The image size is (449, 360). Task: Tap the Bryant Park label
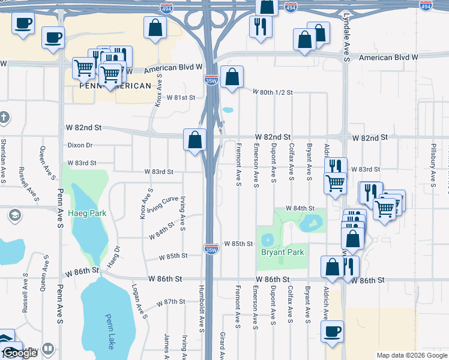pyautogui.click(x=282, y=252)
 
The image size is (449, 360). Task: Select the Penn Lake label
pyautogui.click(x=108, y=331)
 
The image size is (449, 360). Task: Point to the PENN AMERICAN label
pyautogui.click(x=115, y=86)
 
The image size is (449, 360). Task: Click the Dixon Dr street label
pyautogui.click(x=80, y=145)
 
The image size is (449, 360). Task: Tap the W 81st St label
pyautogui.click(x=181, y=97)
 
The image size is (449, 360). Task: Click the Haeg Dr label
pyautogui.click(x=113, y=256)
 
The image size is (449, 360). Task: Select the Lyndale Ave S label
pyautogui.click(x=347, y=45)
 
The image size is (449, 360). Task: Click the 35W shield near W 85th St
pyautogui.click(x=211, y=248)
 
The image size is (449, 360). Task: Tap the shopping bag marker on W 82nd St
pyautogui.click(x=195, y=140)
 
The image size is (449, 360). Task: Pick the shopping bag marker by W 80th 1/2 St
pyautogui.click(x=232, y=77)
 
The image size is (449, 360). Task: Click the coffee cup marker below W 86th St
pyautogui.click(x=333, y=331)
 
